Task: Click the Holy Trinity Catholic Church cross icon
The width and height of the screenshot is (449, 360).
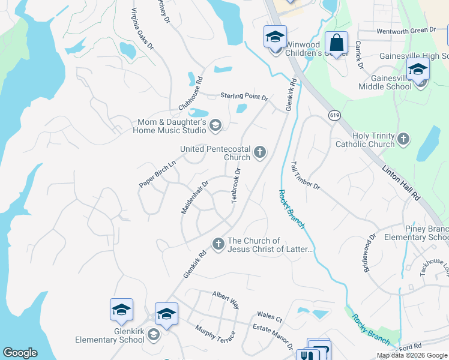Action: pyautogui.click(x=403, y=140)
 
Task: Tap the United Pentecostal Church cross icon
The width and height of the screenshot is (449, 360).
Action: pyautogui.click(x=260, y=152)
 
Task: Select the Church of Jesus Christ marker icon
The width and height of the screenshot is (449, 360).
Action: pyautogui.click(x=218, y=244)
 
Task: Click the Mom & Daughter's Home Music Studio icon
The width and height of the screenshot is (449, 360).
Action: pyautogui.click(x=215, y=125)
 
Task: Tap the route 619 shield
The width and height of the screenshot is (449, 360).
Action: pyautogui.click(x=334, y=114)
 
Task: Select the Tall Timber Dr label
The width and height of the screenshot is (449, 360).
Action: pyautogui.click(x=305, y=175)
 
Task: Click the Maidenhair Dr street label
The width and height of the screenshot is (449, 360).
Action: pyautogui.click(x=195, y=197)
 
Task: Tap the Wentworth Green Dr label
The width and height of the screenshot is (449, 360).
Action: pyautogui.click(x=406, y=31)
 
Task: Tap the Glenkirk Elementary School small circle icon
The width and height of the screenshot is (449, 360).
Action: pyautogui.click(x=153, y=334)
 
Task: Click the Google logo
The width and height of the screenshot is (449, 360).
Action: pyautogui.click(x=20, y=353)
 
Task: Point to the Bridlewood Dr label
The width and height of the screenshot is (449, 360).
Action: pyautogui.click(x=369, y=253)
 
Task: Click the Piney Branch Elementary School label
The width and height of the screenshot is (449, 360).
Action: pyautogui.click(x=416, y=233)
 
